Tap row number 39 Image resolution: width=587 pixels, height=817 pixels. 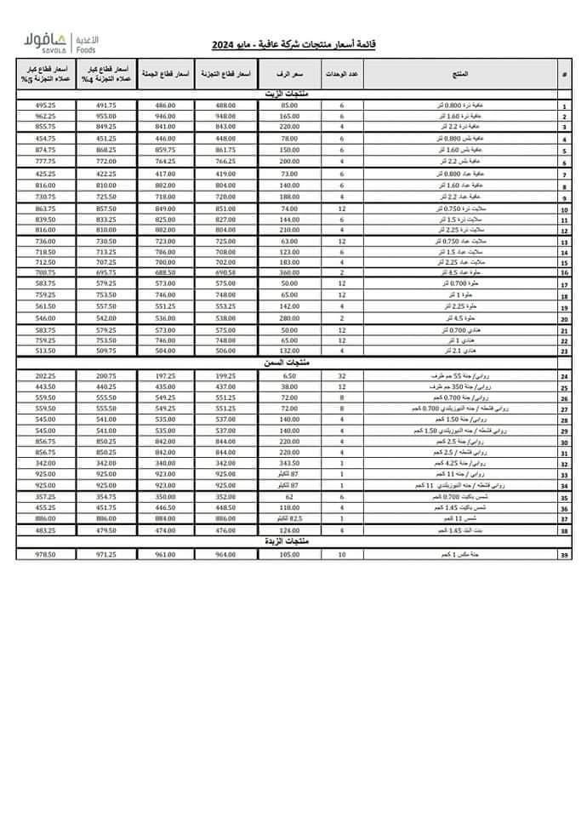pos(564,556)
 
